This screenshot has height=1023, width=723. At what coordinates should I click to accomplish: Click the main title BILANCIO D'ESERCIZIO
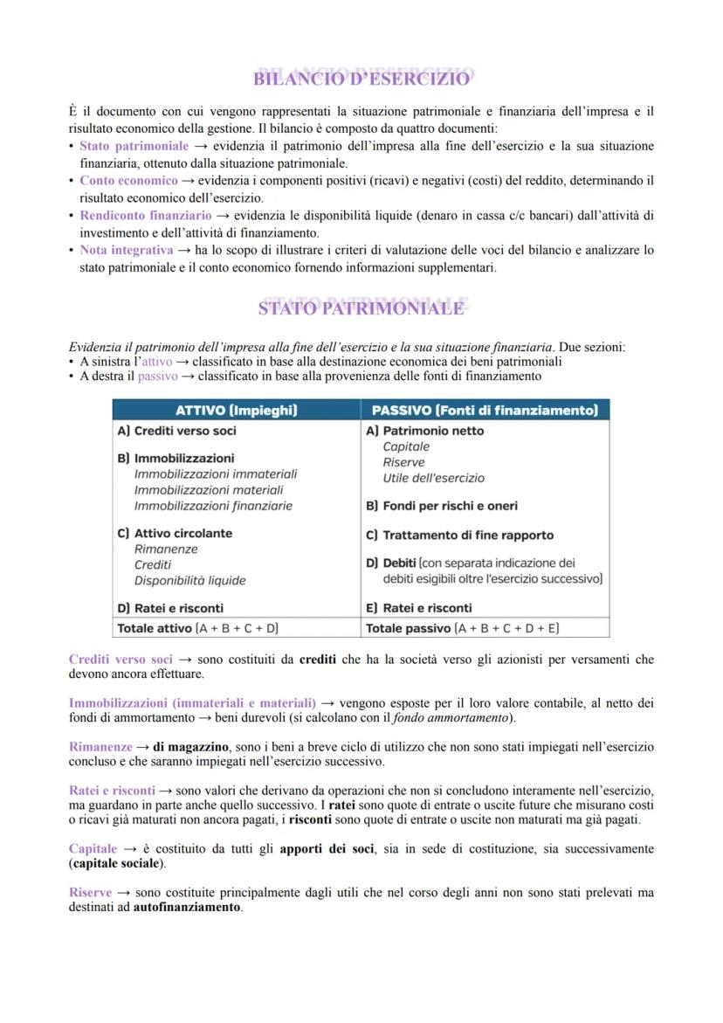coord(361,79)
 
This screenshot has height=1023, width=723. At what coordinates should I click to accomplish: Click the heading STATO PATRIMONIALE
coord(361,308)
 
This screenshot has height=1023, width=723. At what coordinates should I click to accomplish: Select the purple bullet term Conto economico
coord(128,181)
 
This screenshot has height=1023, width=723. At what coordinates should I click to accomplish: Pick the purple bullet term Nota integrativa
coord(126,250)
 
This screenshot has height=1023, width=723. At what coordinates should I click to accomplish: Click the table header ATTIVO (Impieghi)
coord(237,410)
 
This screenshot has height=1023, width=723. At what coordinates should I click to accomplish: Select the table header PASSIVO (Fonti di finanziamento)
coord(485,410)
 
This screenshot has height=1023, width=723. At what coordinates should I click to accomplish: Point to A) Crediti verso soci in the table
coord(176,431)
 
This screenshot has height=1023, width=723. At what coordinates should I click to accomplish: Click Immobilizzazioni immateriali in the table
coord(216,473)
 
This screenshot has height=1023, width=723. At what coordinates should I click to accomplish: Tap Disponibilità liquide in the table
coord(189,580)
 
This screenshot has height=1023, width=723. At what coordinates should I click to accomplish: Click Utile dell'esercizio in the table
coord(433,478)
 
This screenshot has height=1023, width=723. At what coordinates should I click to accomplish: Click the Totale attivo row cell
coord(197,627)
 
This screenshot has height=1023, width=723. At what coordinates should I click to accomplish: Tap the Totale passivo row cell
coord(462,627)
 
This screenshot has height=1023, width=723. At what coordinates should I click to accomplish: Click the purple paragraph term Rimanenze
coord(100,747)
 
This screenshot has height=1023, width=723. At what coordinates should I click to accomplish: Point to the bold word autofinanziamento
coord(188,907)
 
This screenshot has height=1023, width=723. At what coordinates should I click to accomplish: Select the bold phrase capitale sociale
coord(117,863)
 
